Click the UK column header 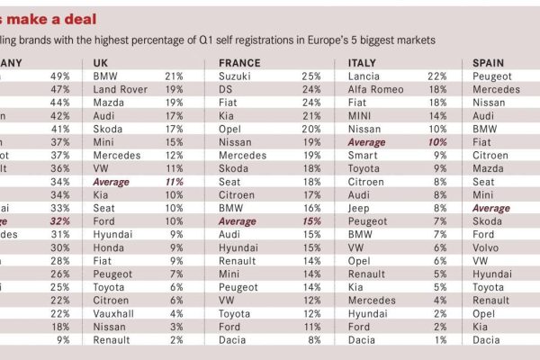101,63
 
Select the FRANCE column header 240,63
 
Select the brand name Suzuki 237,76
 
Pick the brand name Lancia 365,76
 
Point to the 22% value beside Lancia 437,76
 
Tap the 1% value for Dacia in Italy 441,339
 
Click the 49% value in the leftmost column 59,76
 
